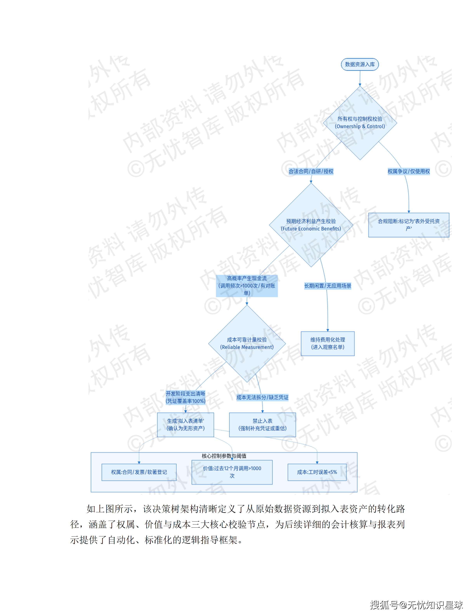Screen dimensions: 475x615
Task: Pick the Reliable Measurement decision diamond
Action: [247, 344]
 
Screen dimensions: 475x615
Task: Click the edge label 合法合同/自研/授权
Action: [311, 171]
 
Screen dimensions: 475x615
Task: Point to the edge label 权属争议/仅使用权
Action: [409, 171]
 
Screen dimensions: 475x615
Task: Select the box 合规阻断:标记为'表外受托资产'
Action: [409, 225]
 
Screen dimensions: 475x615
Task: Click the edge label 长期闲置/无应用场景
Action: [328, 286]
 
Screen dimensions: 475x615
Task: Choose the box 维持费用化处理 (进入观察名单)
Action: [328, 344]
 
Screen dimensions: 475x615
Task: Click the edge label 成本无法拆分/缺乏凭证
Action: [262, 397]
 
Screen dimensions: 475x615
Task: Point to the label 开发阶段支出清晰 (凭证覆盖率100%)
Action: [185, 397]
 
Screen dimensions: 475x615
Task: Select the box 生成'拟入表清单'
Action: [185, 425]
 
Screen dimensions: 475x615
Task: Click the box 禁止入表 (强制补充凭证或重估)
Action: [262, 425]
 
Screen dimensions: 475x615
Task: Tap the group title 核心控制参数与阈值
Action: [224, 456]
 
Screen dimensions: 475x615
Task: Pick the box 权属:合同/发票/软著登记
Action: [139, 472]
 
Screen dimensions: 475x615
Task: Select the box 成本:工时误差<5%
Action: [317, 472]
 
